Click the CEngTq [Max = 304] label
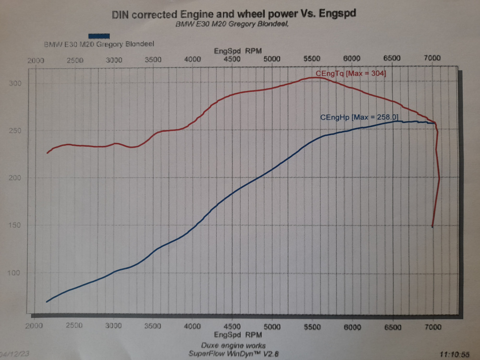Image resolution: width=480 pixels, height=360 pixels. (x=350, y=74)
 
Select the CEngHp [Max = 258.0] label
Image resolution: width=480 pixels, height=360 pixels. (x=359, y=117)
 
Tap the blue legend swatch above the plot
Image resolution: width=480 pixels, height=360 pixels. (x=99, y=36)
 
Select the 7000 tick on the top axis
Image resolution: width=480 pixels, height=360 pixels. (x=432, y=58)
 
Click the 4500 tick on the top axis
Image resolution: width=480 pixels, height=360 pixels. (x=232, y=59)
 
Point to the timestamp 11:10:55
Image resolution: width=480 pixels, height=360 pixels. (x=454, y=355)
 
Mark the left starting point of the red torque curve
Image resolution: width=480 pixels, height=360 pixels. (x=47, y=153)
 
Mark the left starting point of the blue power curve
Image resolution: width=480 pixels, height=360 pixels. (x=47, y=302)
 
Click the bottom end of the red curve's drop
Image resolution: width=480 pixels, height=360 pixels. (x=432, y=227)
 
